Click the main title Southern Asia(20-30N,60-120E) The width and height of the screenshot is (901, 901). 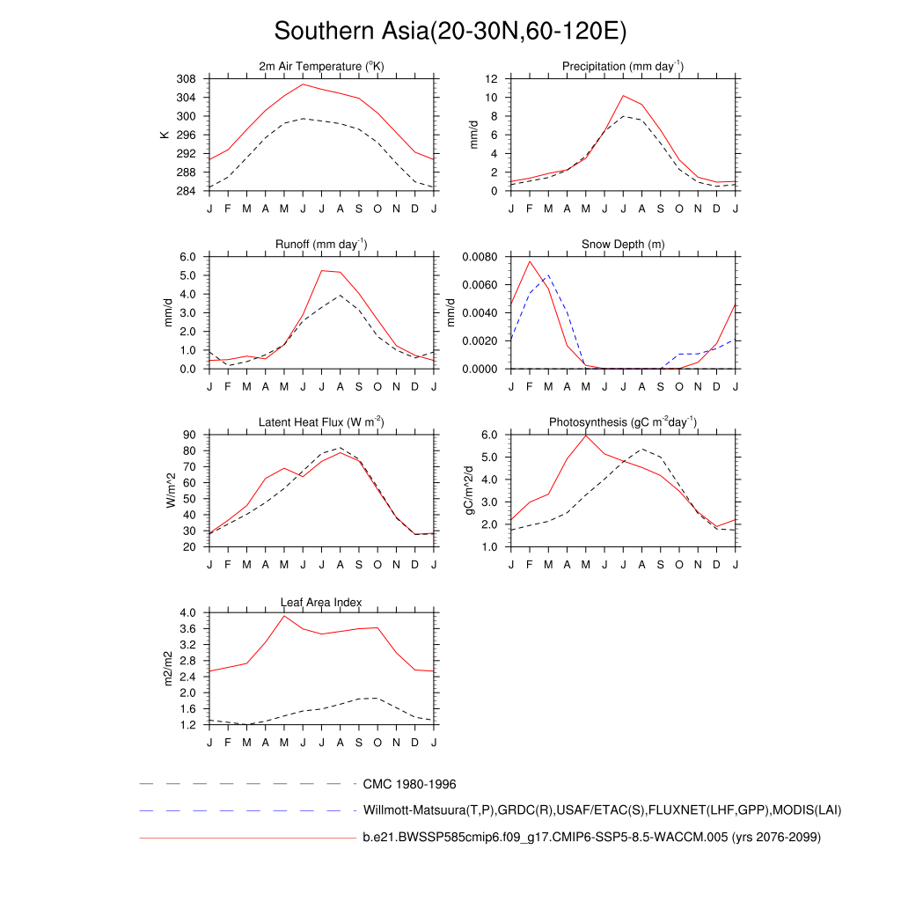coord(450,32)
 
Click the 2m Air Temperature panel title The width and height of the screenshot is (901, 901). coord(321,67)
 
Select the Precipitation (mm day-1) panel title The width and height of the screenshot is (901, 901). coord(623,67)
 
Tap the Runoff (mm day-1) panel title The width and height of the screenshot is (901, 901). coord(321,244)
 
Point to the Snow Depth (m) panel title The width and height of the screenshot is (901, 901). coord(623,244)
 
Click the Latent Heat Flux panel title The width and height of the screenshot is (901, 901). coord(321,422)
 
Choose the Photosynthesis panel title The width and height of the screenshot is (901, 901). coord(623,422)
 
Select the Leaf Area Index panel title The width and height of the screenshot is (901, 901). coord(321,602)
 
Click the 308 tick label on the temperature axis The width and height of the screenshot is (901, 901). coord(187,79)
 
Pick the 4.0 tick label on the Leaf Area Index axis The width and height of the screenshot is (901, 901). coord(188,612)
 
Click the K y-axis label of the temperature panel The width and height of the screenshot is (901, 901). coord(165,135)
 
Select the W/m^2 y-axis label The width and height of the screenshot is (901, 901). coord(171,490)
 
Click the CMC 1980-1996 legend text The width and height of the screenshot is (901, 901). coord(409,783)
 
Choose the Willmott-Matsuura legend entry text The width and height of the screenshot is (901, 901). coord(603,809)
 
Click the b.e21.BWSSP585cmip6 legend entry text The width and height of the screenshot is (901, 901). coord(591,838)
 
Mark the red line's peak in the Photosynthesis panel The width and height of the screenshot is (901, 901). coord(586,436)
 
